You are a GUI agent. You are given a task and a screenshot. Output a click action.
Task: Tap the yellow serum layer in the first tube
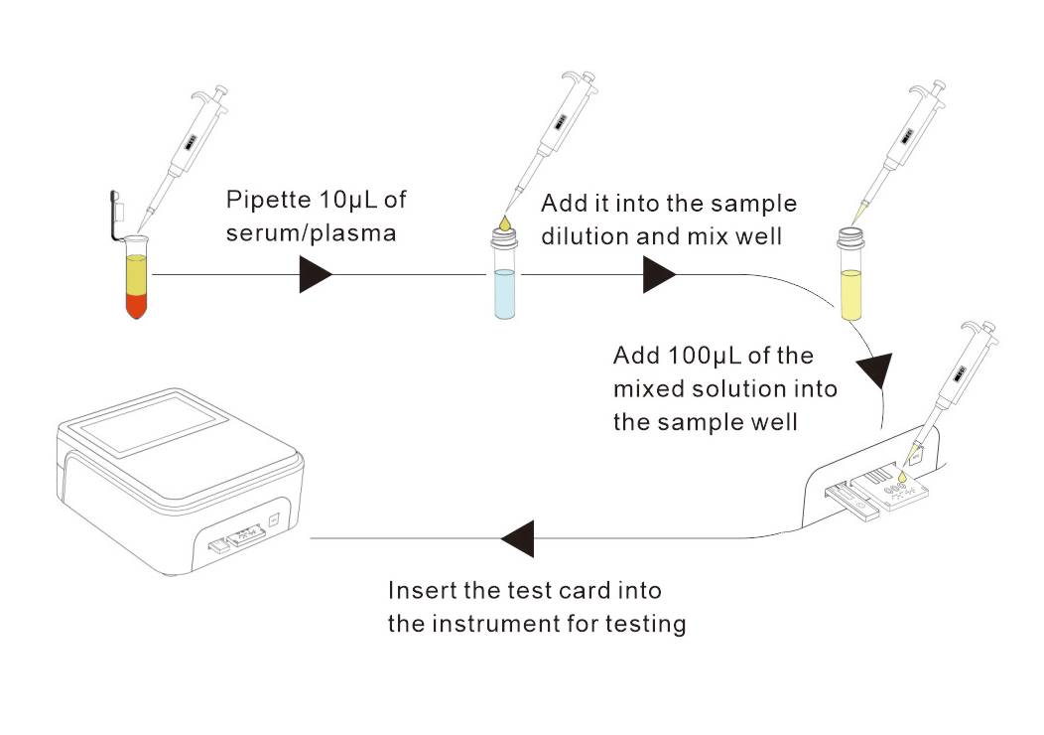137,272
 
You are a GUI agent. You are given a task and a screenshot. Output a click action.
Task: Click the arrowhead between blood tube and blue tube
315,273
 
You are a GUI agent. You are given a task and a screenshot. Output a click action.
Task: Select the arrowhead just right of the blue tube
658,273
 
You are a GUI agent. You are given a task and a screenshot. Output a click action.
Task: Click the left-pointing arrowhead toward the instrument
518,539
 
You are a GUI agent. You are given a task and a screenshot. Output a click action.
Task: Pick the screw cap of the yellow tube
850,236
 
